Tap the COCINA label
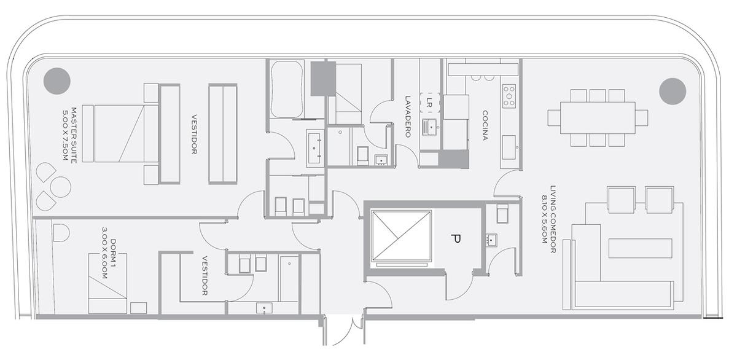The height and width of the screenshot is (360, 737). (485, 126)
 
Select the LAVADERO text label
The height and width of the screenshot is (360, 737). (408, 117)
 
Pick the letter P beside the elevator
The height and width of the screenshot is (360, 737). (456, 239)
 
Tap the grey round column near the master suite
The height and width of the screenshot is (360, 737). (57, 81)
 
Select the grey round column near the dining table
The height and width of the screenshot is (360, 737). (673, 92)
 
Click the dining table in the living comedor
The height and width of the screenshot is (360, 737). (598, 118)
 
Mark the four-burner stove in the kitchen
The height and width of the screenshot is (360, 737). (509, 96)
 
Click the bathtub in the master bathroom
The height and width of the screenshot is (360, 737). (287, 89)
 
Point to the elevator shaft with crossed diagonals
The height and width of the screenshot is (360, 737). (401, 237)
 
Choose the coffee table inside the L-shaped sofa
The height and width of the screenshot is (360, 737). (640, 248)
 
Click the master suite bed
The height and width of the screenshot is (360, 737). (119, 133)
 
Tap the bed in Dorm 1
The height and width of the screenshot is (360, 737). (107, 283)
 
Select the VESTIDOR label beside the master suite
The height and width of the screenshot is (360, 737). (194, 135)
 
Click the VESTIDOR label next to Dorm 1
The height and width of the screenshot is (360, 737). (205, 276)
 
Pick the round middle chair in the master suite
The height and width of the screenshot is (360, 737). (61, 187)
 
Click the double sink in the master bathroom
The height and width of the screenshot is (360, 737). (316, 149)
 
